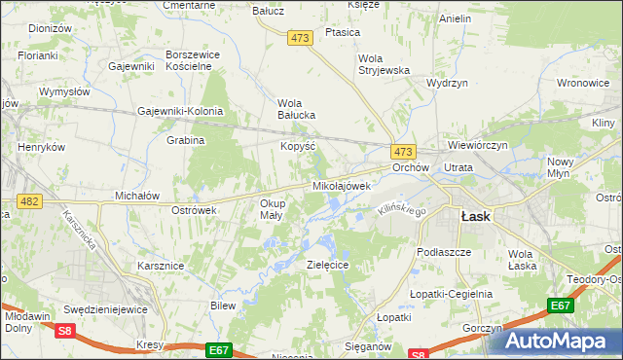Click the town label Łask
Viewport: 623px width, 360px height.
[x=475, y=217]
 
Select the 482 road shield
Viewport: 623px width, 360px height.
[x=29, y=200]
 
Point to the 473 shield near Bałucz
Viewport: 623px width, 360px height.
[x=299, y=37]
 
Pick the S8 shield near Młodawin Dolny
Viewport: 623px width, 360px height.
[x=64, y=331]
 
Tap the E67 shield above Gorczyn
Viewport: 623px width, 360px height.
[x=560, y=306]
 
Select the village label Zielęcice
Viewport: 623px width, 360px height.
[x=327, y=264]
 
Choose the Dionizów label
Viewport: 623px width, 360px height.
[x=51, y=29]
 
